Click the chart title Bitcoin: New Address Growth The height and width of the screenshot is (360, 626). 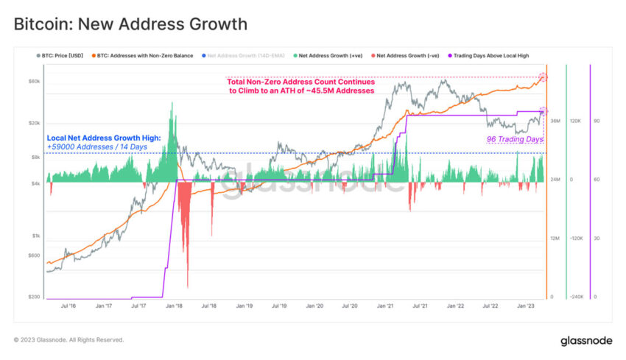click(131, 24)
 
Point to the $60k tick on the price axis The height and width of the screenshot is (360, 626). click(35, 81)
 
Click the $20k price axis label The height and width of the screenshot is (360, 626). click(35, 123)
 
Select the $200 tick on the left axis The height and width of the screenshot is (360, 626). click(35, 297)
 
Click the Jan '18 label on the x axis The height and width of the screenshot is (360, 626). click(175, 305)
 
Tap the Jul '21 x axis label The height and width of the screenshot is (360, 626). click(421, 305)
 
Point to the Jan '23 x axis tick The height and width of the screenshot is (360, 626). click(526, 305)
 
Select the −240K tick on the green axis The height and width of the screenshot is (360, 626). click(577, 297)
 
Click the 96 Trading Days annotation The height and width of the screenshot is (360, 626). click(514, 138)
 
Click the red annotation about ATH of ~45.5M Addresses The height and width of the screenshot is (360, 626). click(300, 86)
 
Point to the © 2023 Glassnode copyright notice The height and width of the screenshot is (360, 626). click(68, 340)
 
